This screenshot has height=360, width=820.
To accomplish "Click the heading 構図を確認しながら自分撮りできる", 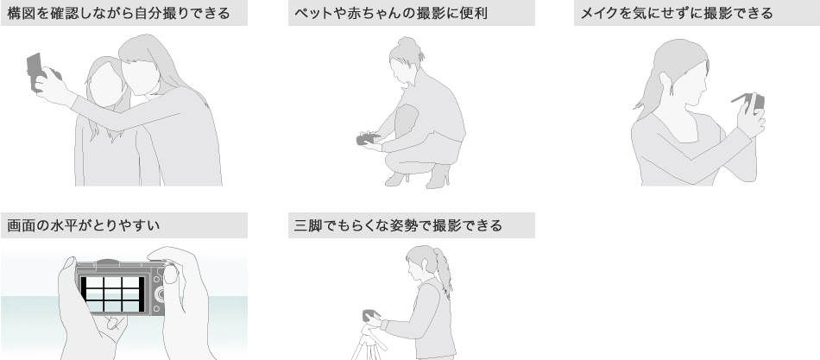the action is tap(119, 13).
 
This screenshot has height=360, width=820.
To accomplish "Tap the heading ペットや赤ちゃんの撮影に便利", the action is tap(391, 13).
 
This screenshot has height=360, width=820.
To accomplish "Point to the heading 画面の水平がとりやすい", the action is tap(84, 225).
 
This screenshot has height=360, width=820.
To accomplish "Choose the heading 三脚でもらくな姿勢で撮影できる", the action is tap(398, 225).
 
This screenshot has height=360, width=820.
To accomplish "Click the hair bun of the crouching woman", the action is tap(407, 41).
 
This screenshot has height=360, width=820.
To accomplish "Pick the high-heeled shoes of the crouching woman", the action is tap(419, 177).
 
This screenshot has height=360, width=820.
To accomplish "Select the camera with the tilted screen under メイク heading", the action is tap(751, 102).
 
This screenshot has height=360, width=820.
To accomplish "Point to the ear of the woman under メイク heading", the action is tap(665, 80).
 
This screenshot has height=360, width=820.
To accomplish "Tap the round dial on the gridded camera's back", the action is tap(160, 294).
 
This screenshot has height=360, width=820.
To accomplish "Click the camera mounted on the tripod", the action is tap(370, 315).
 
